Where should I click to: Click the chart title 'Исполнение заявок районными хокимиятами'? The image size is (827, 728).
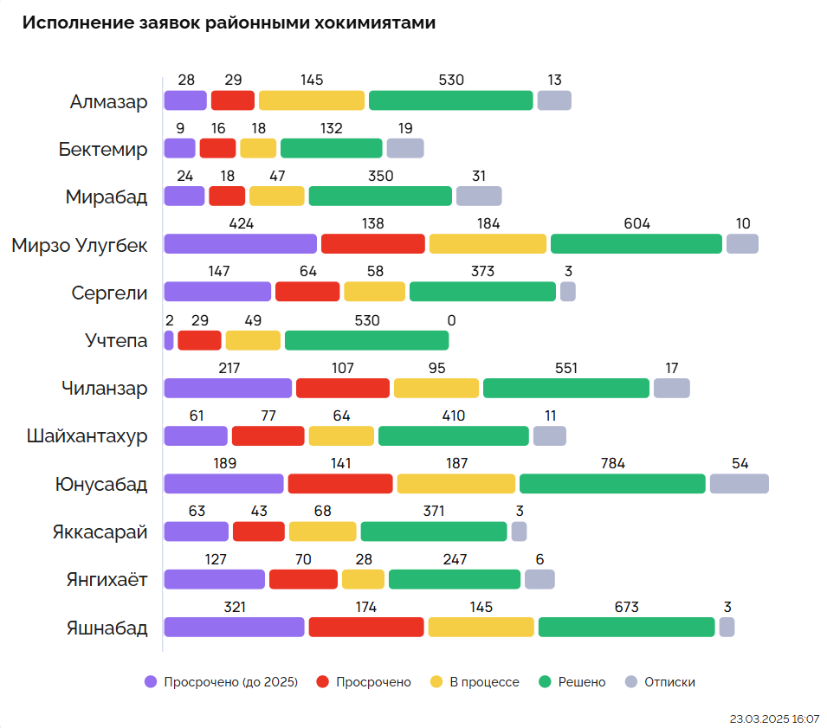(229, 23)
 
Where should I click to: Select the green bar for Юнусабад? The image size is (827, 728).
(612, 484)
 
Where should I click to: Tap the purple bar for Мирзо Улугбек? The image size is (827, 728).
(240, 244)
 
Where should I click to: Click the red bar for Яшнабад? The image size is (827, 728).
(366, 628)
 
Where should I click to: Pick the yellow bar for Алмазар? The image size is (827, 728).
(312, 100)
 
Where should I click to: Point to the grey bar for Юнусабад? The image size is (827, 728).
(739, 484)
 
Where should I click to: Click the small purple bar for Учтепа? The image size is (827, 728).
(169, 340)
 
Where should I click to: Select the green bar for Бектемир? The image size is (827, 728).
(331, 148)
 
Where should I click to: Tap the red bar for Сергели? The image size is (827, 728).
(307, 292)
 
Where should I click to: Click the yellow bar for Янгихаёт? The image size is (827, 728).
(363, 579)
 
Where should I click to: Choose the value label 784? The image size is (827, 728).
(612, 463)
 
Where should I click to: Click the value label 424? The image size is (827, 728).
(241, 223)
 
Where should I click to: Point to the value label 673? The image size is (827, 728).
(626, 607)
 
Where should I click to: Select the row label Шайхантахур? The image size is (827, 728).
(87, 435)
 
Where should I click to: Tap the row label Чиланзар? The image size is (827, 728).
(104, 388)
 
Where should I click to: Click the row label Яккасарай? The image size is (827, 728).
(100, 532)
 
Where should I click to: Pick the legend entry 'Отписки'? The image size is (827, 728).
(661, 682)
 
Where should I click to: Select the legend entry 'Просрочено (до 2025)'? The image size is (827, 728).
(222, 682)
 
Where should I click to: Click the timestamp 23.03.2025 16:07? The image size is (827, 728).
(774, 718)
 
